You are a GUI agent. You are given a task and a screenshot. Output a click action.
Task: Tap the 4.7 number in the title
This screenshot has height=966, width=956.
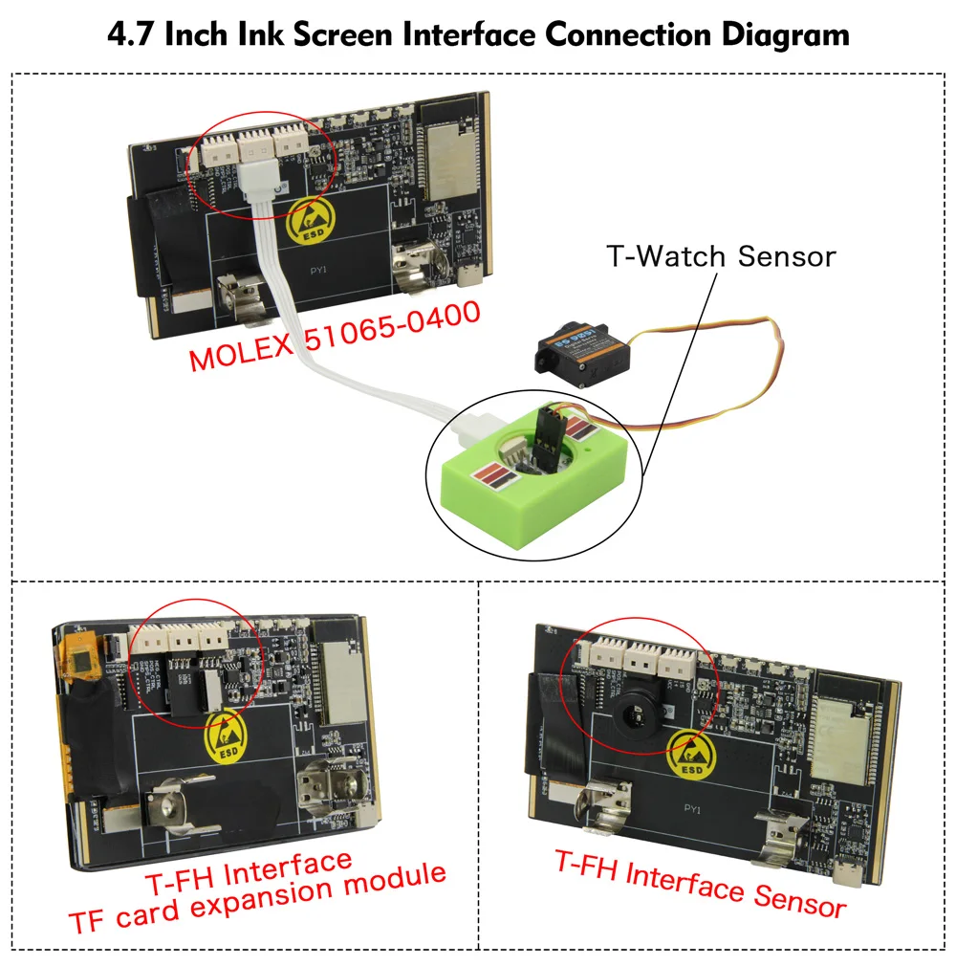[130, 35]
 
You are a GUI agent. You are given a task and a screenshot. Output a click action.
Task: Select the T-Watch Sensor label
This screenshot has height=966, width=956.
[721, 256]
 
